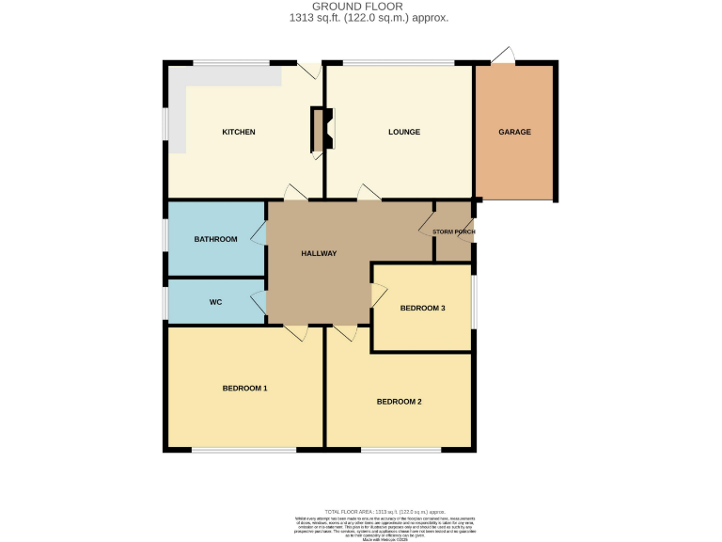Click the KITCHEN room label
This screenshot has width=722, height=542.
tap(238, 132)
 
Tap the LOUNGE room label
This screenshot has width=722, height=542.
tap(403, 132)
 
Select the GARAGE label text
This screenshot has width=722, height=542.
tap(514, 132)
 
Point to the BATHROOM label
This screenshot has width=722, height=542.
tap(215, 239)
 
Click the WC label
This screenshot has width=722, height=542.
tap(215, 302)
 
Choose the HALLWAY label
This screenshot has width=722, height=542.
tap(319, 253)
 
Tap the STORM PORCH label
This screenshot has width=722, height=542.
tap(453, 231)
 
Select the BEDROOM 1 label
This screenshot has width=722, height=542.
tap(244, 388)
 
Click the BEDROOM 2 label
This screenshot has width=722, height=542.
tap(399, 402)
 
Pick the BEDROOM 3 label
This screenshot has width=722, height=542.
tap(422, 308)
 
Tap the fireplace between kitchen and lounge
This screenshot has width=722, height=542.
tap(322, 130)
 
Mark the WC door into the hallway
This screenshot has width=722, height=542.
tap(258, 302)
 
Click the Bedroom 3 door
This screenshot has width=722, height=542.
tap(379, 295)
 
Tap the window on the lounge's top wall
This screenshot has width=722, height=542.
tap(399, 63)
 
